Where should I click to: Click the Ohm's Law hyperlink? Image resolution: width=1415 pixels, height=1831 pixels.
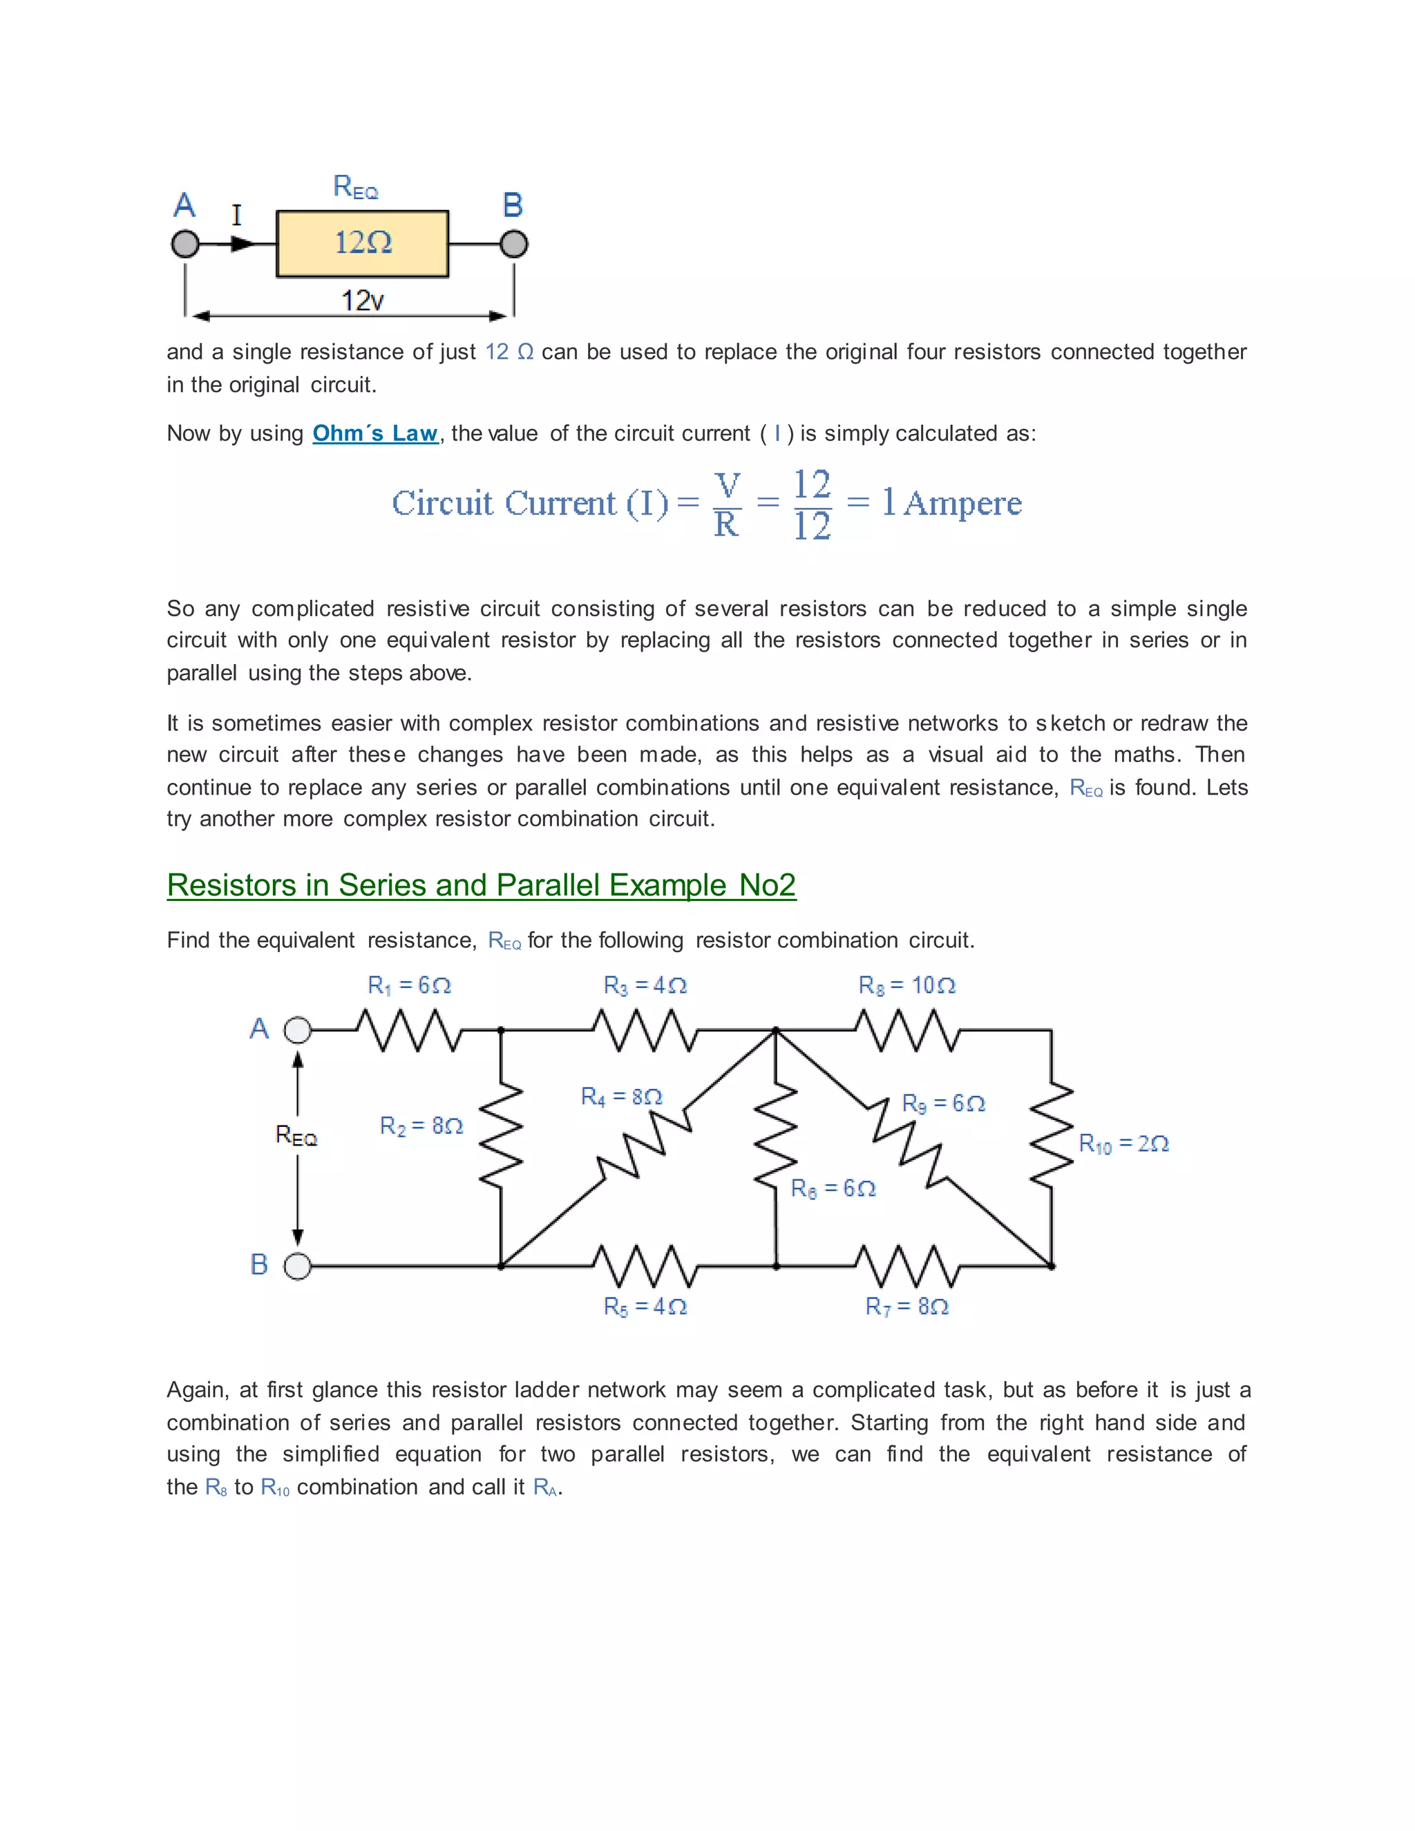pos(374,433)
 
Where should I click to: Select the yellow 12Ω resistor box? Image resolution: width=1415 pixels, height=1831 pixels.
pos(362,243)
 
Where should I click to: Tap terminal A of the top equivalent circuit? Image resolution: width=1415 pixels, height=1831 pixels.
pos(185,244)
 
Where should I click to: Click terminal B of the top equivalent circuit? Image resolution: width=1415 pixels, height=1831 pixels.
pos(514,244)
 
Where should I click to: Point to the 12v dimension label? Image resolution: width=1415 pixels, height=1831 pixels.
pos(362,300)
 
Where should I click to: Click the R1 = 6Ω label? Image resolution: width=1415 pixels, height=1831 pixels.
pos(409,985)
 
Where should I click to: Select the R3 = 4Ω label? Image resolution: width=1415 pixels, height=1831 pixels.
pos(645,985)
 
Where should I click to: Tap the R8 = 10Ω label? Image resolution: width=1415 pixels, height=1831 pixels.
pos(906,985)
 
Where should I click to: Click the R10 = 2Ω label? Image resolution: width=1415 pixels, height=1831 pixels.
pos(1123,1144)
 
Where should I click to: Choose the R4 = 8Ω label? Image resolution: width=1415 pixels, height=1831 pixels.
pos(621,1097)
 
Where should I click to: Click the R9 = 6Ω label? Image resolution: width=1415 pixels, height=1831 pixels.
pos(943,1103)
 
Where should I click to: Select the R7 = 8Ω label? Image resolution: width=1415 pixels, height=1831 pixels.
pos(906,1306)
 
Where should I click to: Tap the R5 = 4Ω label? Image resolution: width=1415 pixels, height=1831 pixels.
pos(645,1306)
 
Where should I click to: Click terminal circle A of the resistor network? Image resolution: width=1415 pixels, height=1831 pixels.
pos(298,1030)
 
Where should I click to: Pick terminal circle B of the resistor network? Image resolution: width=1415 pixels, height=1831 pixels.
pos(298,1266)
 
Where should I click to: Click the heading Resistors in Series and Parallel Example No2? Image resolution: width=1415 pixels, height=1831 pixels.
pos(481,885)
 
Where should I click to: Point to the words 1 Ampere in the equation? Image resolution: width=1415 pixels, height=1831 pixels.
pos(951,503)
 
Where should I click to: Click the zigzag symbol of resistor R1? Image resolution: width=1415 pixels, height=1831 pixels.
pos(409,1030)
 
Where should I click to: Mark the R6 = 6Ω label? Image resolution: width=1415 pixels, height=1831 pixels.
pos(833,1189)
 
